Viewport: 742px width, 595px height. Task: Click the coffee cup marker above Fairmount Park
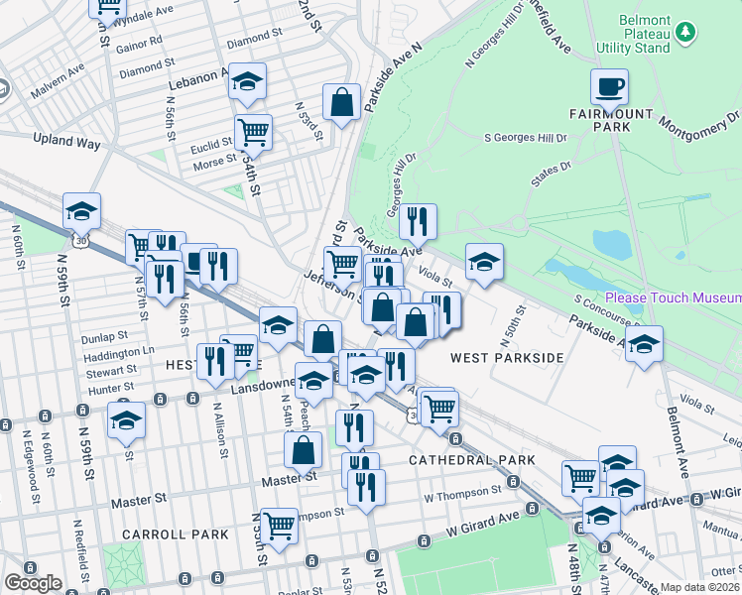pyautogui.click(x=609, y=86)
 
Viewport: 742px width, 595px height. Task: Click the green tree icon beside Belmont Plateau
pyautogui.click(x=685, y=34)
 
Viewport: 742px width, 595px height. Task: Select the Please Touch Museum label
pyautogui.click(x=673, y=297)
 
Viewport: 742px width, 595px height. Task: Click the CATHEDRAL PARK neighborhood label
pyautogui.click(x=472, y=460)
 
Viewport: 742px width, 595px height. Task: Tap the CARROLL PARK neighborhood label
pyautogui.click(x=175, y=535)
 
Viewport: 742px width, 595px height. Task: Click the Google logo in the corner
pyautogui.click(x=33, y=583)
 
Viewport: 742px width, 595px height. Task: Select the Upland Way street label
pyautogui.click(x=67, y=143)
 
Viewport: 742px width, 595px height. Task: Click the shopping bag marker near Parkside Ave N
pyautogui.click(x=341, y=102)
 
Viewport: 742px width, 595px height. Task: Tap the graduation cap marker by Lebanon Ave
pyautogui.click(x=247, y=81)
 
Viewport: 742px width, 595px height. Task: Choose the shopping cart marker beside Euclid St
pyautogui.click(x=253, y=132)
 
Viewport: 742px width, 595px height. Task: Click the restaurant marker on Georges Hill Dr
pyautogui.click(x=418, y=221)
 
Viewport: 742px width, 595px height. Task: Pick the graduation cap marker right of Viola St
pyautogui.click(x=484, y=262)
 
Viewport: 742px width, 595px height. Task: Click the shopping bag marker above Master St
pyautogui.click(x=303, y=450)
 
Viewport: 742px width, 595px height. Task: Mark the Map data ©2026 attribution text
pyautogui.click(x=700, y=587)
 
